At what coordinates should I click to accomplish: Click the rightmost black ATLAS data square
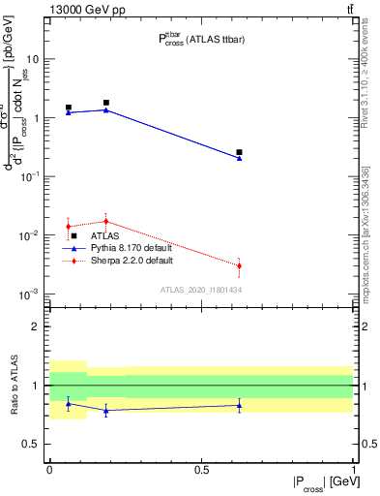pyautogui.click(x=239, y=152)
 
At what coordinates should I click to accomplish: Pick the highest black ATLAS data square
pyautogui.click(x=106, y=103)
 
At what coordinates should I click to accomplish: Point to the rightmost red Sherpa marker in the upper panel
pyautogui.click(x=239, y=265)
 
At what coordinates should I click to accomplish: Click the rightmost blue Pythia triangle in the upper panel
pyautogui.click(x=239, y=158)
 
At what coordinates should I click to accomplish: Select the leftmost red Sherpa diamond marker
pyautogui.click(x=68, y=227)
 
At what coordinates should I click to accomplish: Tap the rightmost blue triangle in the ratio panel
pyautogui.click(x=239, y=405)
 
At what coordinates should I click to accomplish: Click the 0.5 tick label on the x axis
pyautogui.click(x=201, y=469)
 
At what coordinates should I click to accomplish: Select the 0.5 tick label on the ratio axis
pyautogui.click(x=33, y=444)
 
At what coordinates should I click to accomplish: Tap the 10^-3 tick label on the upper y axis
pyautogui.click(x=32, y=294)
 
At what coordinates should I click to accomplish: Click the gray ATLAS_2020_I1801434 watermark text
pyautogui.click(x=199, y=290)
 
